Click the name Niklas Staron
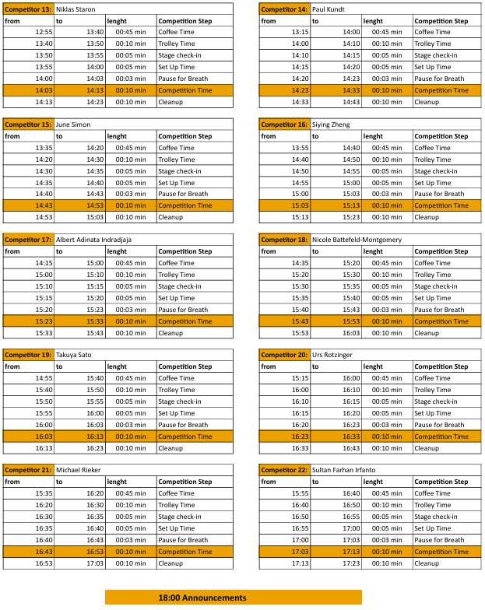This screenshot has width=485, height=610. (76, 9)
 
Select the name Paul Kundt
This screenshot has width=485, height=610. (329, 9)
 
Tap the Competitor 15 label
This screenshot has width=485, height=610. (28, 124)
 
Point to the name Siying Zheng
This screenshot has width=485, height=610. (331, 124)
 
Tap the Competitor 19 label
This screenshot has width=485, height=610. (28, 355)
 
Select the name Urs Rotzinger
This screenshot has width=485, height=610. (332, 355)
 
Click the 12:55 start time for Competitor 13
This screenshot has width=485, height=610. (44, 32)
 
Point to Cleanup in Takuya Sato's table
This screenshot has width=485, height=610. (170, 448)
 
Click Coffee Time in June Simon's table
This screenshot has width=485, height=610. (176, 148)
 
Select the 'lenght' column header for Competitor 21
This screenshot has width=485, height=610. (117, 482)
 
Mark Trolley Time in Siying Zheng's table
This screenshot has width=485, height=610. (432, 160)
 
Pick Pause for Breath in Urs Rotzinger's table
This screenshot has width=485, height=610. (439, 425)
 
